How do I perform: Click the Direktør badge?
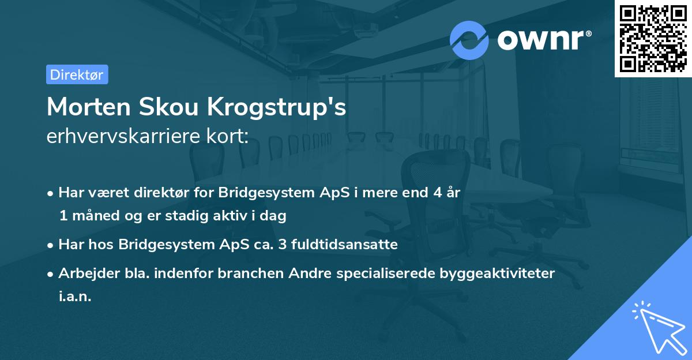(77, 74)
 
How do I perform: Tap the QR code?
(652, 38)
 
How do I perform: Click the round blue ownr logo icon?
(469, 40)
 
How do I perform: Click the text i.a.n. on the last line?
(75, 297)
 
